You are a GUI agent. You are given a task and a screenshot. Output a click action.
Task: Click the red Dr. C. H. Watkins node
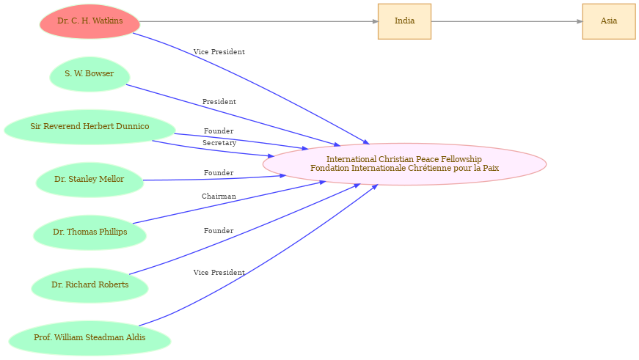coord(90,21)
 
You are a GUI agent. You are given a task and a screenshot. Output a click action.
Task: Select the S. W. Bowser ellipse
coord(90,74)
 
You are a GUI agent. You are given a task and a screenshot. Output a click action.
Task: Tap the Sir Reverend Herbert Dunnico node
coord(90,127)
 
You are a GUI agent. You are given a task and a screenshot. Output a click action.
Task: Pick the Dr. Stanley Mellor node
coord(90,180)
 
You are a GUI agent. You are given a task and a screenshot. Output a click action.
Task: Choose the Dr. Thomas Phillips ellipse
coord(90,232)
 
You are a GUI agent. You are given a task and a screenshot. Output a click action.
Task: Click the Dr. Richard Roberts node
coord(90,285)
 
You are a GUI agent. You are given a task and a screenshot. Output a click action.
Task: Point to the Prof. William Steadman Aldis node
coord(90,338)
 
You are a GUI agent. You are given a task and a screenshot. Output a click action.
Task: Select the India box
coord(404,21)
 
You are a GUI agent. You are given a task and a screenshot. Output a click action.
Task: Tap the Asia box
coord(608,21)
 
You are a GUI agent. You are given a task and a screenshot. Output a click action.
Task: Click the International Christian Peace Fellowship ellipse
coord(404,164)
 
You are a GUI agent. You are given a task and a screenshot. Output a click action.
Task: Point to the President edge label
coord(219,102)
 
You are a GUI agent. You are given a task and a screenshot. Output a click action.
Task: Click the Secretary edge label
coord(219,143)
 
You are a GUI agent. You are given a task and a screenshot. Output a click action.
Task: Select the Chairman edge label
coord(219,196)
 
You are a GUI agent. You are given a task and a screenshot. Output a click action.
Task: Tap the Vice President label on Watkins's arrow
coord(219,52)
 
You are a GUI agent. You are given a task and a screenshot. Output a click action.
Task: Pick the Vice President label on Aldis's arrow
coord(219,273)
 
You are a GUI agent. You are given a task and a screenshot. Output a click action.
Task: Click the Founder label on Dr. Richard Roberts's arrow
coord(219,231)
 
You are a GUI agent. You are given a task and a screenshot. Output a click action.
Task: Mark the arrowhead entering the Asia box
coord(580,21)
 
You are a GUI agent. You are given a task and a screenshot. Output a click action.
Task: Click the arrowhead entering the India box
coord(376,21)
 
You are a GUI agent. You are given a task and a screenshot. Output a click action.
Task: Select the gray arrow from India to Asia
coord(506,21)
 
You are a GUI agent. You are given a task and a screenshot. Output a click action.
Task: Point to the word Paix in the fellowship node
coord(490,169)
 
